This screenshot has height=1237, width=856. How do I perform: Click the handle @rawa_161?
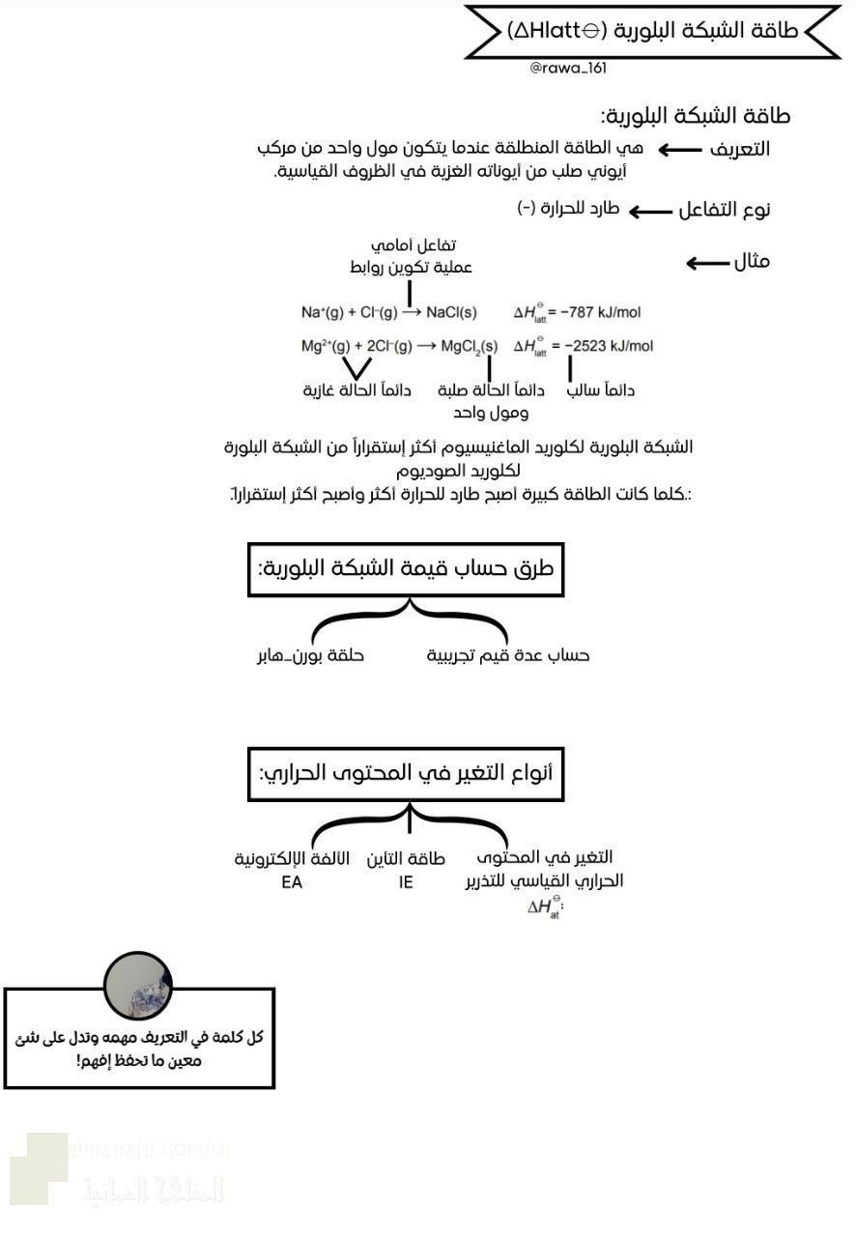(x=568, y=68)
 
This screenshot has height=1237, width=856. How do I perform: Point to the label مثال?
(x=752, y=261)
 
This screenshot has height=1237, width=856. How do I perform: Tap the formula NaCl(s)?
(x=451, y=312)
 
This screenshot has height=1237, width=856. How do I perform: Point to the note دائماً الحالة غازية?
(x=357, y=391)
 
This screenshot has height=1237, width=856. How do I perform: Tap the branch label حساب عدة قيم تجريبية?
(x=508, y=655)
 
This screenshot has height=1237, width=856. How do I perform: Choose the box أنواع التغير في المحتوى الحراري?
(x=406, y=774)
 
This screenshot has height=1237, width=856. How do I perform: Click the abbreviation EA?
(x=292, y=882)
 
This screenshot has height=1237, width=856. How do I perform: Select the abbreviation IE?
(x=406, y=882)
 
